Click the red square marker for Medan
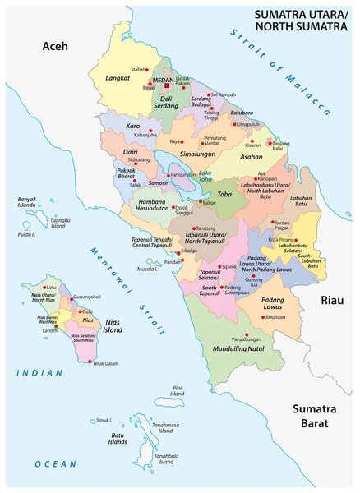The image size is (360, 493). point(168,84)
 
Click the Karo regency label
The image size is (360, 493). point(132,127)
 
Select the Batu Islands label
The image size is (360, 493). point(118,438)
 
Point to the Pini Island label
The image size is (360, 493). point(178,390)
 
